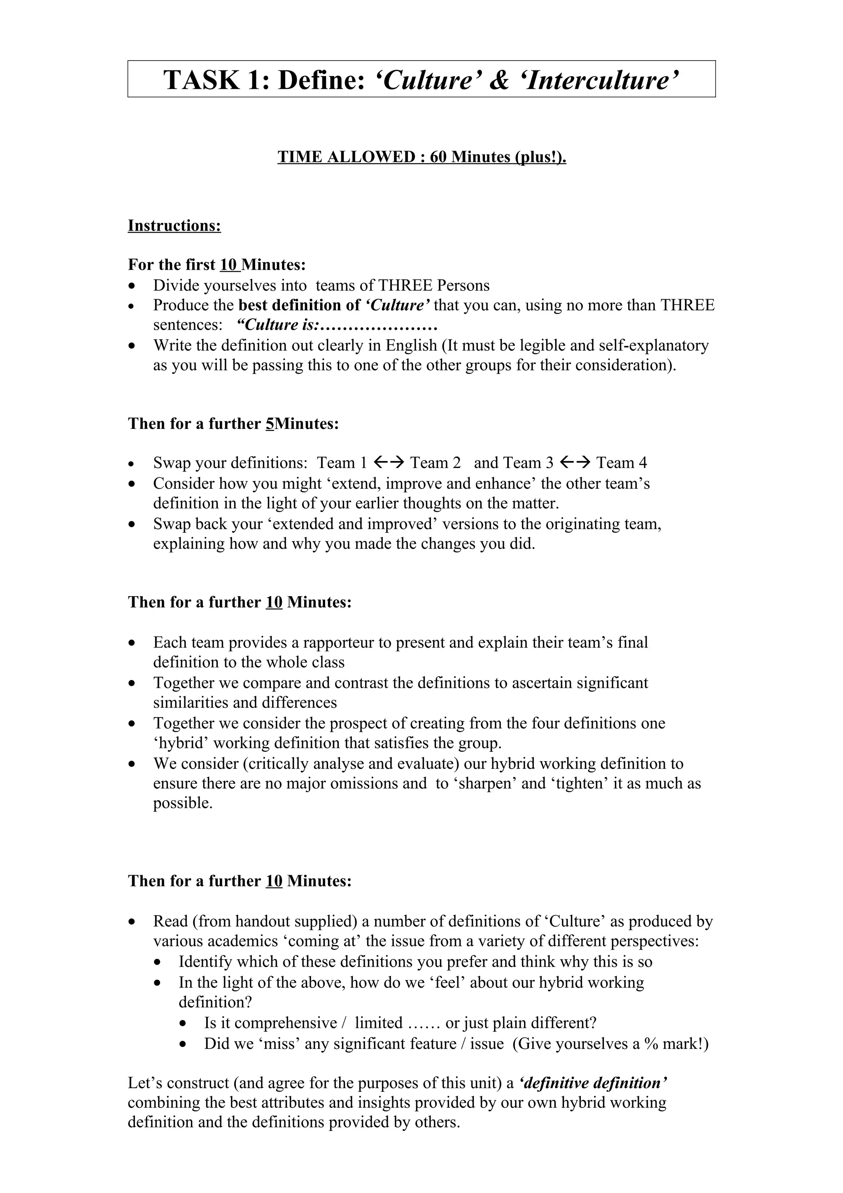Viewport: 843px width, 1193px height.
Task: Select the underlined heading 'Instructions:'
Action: tap(175, 226)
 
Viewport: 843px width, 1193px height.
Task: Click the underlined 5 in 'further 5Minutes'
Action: tap(269, 424)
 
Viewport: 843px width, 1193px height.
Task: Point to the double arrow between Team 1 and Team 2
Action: tap(389, 462)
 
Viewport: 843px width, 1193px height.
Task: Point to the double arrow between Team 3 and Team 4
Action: tap(575, 462)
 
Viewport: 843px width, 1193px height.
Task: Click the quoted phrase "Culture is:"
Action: tap(278, 325)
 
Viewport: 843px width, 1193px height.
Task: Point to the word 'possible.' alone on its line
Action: tap(183, 803)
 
